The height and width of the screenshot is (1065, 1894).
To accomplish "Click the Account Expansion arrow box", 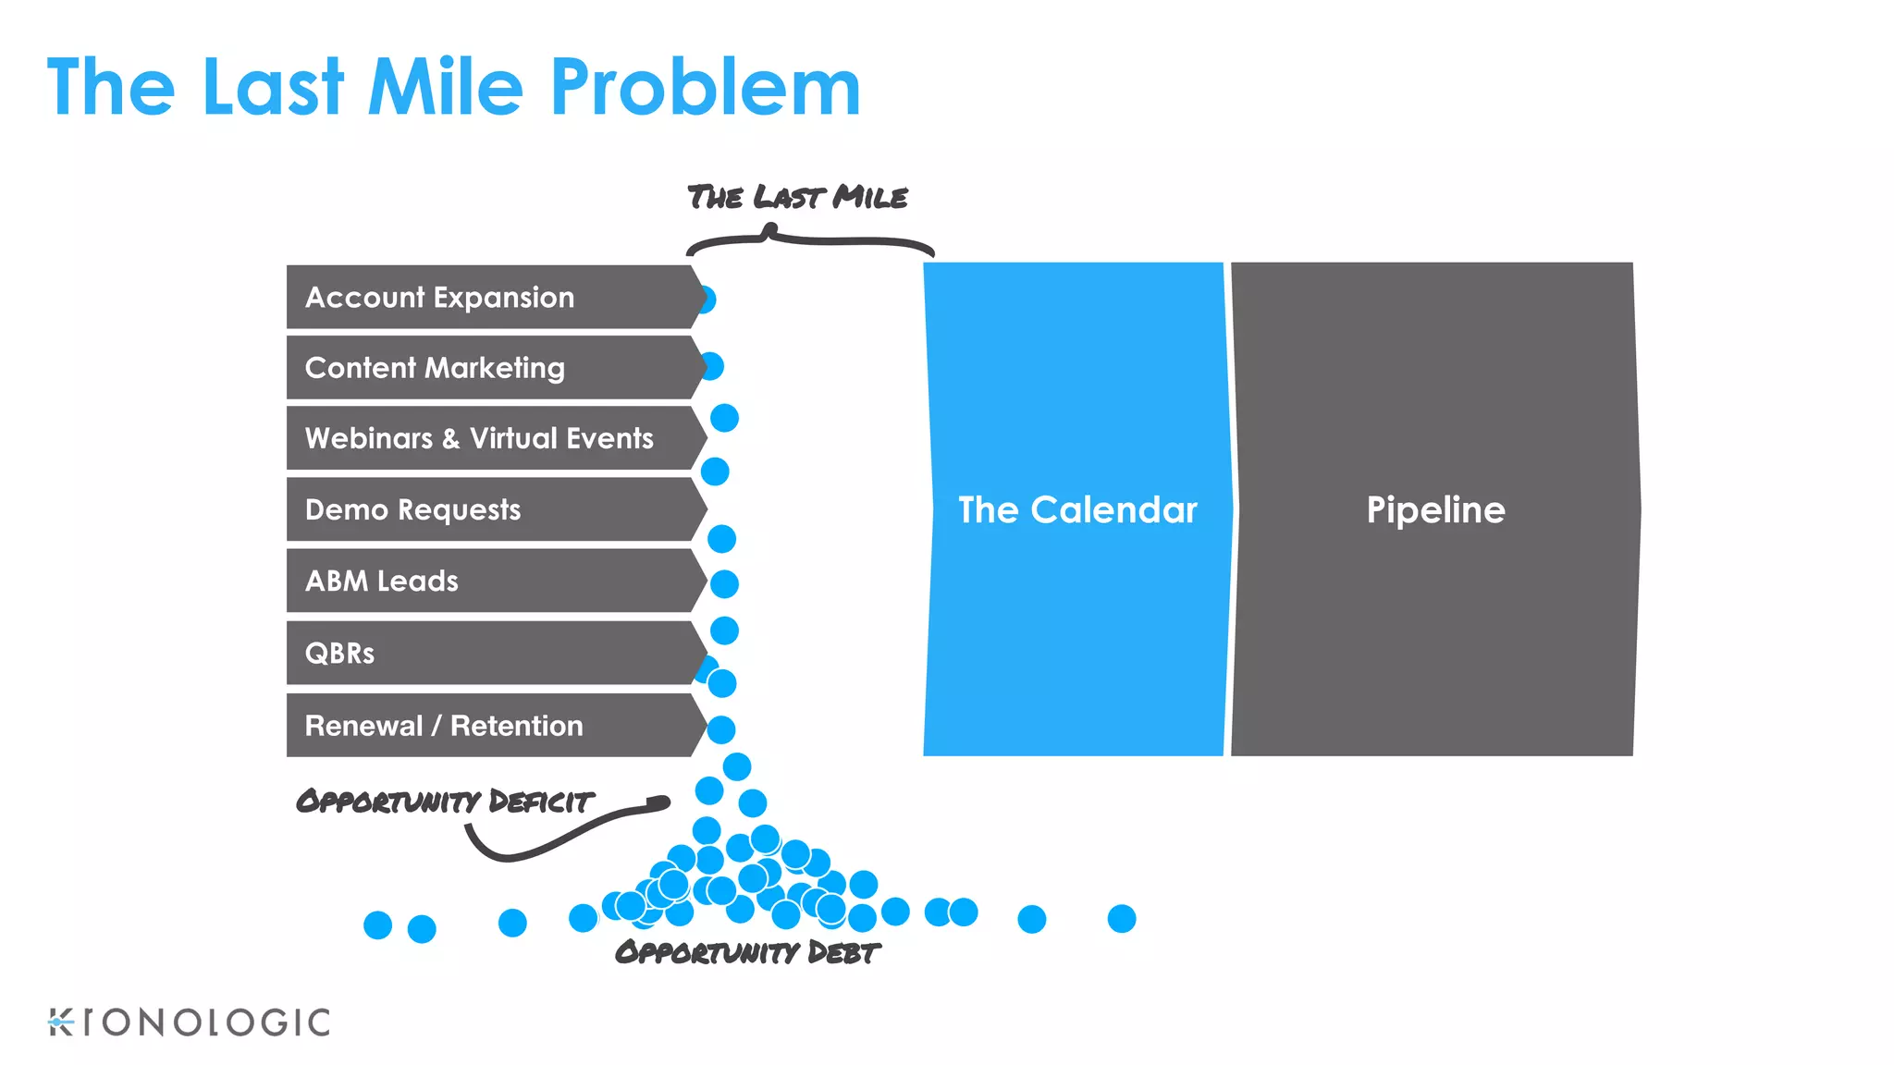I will coord(490,298).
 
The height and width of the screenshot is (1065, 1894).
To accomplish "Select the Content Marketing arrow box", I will coord(490,368).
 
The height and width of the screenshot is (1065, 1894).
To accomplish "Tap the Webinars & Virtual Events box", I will coord(490,438).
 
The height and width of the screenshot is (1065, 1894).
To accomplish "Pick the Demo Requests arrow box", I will coord(490,509).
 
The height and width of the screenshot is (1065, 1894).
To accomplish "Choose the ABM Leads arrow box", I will coord(490,581).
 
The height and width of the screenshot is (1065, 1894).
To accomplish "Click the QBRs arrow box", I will coord(490,653).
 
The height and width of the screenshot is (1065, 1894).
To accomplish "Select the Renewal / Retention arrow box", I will coord(490,726).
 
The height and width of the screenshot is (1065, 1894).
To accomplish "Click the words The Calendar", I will coord(1077,510).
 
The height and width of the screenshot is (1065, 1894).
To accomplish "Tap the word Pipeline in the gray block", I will coord(1435,510).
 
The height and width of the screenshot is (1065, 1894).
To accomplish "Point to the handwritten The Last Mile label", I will coord(797,197).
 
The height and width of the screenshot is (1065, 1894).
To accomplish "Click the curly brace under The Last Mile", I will coord(809,241).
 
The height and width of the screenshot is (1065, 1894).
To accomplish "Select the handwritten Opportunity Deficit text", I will coord(444,801).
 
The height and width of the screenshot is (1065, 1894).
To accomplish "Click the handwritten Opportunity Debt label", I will coord(747,952).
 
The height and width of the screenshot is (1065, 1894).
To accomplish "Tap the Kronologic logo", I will coord(189,1022).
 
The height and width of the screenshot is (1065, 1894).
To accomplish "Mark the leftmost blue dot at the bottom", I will coord(377,924).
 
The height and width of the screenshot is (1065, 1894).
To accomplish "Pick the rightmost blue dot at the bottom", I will coord(1121,919).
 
